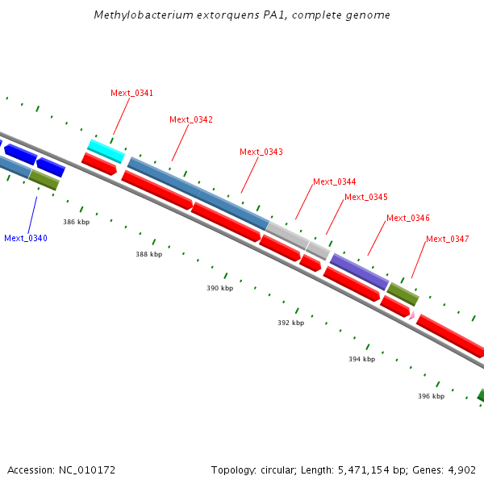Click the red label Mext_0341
click(131, 93)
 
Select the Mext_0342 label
click(191, 119)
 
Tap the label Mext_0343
click(261, 152)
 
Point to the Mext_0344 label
click(334, 181)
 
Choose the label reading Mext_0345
click(365, 197)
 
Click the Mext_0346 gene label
click(407, 218)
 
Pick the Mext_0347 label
click(447, 239)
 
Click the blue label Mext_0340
click(26, 238)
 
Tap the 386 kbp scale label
click(76, 221)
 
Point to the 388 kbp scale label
click(148, 254)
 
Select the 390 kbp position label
click(219, 288)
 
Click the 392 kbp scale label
click(290, 323)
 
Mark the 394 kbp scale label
click(361, 359)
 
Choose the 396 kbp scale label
click(431, 396)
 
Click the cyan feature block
click(106, 150)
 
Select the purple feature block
click(359, 271)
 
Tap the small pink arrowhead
click(412, 315)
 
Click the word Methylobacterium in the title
click(133, 15)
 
